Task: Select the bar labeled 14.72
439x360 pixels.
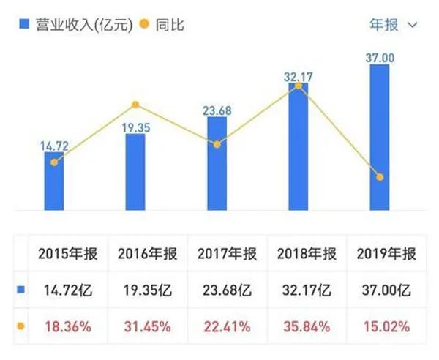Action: click(53, 182)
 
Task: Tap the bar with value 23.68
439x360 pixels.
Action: click(217, 165)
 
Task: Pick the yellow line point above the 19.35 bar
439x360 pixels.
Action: click(135, 105)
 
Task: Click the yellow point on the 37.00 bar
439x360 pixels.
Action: click(379, 177)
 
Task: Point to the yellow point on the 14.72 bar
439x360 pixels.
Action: click(53, 162)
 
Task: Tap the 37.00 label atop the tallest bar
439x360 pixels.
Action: click(379, 57)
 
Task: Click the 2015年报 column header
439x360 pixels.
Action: click(67, 255)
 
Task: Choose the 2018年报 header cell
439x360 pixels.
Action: click(307, 255)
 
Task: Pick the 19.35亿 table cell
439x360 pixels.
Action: click(147, 291)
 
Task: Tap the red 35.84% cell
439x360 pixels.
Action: click(307, 326)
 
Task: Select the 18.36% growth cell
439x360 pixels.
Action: click(67, 326)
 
